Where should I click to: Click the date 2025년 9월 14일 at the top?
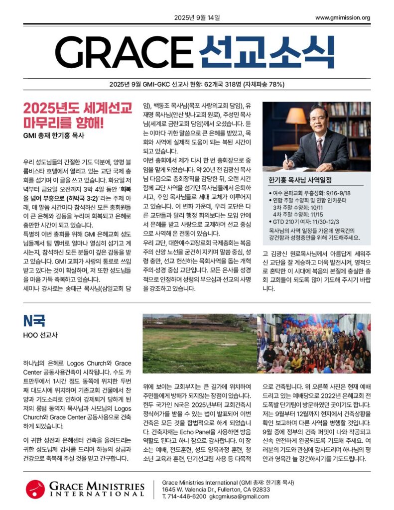coord(197,18)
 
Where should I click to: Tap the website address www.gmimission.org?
coord(343,18)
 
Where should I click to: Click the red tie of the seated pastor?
coord(319,149)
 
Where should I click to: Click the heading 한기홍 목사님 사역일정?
coord(300,180)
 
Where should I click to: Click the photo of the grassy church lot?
coord(199,344)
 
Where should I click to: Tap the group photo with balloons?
coord(314,344)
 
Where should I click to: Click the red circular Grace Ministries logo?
coord(36,489)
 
